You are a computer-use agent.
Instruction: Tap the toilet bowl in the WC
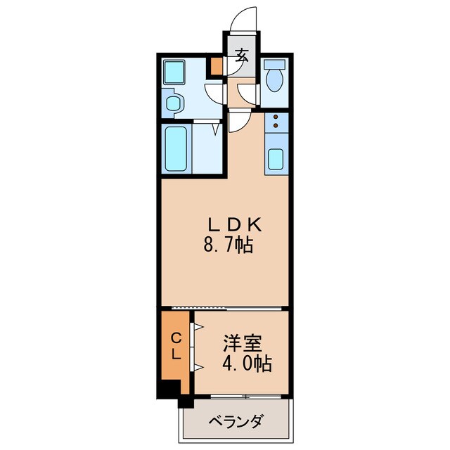tap(274, 79)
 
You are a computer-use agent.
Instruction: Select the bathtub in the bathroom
tap(176, 150)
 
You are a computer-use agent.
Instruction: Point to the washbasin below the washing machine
tap(173, 104)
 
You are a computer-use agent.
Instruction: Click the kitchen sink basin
tap(275, 160)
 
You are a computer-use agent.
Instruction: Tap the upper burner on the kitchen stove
tap(276, 117)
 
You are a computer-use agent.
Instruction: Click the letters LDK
tap(233, 226)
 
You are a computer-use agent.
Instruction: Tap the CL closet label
tap(176, 347)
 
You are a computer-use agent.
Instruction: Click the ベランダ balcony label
tap(236, 422)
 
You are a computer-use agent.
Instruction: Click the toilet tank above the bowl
tap(274, 65)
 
